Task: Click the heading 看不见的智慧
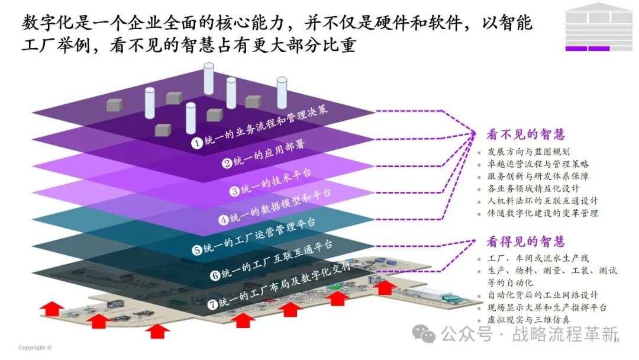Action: (525, 134)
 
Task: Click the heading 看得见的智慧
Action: (525, 242)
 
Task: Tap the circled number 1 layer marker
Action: (197, 143)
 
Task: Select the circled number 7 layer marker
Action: (212, 304)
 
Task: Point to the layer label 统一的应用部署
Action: (269, 153)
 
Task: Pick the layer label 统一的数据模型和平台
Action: (280, 206)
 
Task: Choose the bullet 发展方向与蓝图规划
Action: (528, 152)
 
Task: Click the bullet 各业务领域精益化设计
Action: (533, 188)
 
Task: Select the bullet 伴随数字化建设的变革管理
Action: (543, 213)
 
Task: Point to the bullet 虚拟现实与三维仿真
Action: (528, 320)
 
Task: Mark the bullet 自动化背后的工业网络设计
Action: (543, 295)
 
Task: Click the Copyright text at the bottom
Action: (35, 348)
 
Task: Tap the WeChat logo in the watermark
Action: (424, 334)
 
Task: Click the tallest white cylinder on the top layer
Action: (209, 79)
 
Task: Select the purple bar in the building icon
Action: (588, 49)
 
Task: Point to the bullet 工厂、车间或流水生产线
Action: (538, 258)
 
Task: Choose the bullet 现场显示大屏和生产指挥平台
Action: (547, 307)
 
